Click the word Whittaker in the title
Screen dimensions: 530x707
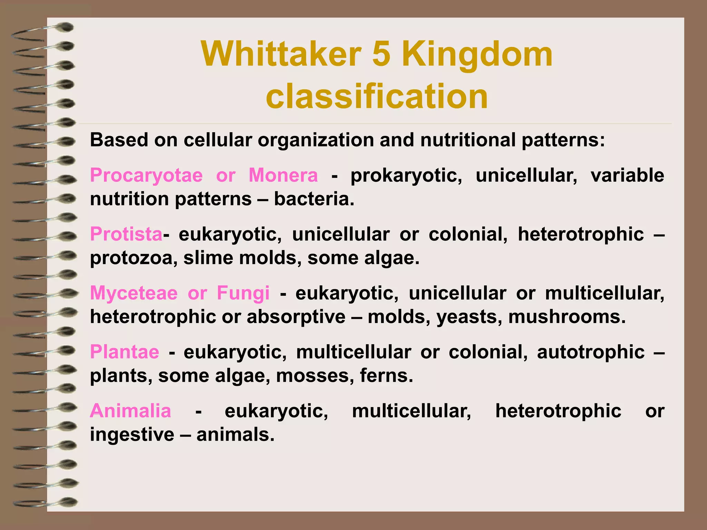(281, 55)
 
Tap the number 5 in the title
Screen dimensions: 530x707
(381, 55)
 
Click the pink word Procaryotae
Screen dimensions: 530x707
(146, 175)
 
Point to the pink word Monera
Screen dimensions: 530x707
(283, 175)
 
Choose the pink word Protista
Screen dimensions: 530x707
(126, 234)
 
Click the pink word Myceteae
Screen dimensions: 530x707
(134, 293)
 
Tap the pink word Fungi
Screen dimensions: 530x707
(243, 293)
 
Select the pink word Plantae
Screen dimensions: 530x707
(125, 352)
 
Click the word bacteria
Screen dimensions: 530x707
(314, 199)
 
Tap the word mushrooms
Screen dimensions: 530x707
(566, 317)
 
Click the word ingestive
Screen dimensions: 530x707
(132, 435)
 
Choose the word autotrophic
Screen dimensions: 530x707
(591, 352)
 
